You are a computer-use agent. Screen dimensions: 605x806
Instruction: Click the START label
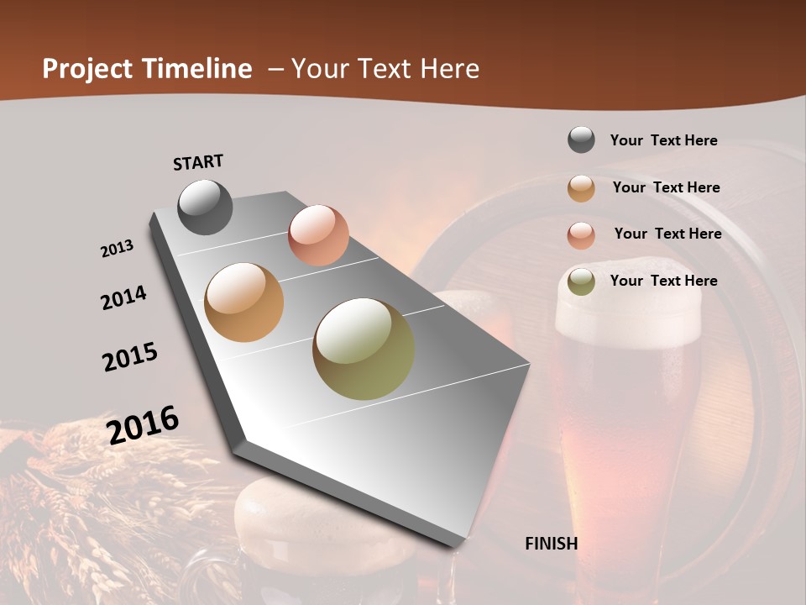coord(198,162)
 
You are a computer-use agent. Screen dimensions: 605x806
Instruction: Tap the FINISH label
coord(551,544)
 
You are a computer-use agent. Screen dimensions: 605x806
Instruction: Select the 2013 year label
coord(117,249)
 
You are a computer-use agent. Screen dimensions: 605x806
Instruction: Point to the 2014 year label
coord(123,297)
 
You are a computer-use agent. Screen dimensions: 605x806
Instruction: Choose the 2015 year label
coord(130,357)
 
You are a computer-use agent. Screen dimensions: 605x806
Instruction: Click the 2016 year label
coord(143,424)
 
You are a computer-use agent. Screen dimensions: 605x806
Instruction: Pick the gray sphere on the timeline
coord(205,207)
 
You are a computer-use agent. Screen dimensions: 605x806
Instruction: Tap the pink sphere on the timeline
coord(318,235)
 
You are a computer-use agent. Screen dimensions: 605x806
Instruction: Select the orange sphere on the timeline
coord(244,302)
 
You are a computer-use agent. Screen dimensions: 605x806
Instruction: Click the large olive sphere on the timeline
coord(364,349)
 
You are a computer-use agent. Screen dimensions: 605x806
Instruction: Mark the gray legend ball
coord(581,139)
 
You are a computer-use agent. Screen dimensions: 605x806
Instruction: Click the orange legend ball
coord(581,188)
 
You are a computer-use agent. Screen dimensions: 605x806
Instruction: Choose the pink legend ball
coord(581,235)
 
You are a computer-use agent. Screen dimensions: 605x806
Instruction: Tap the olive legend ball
coord(581,282)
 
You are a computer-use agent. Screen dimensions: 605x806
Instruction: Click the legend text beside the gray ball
coord(663,140)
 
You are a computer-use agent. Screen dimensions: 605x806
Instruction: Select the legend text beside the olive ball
coord(663,281)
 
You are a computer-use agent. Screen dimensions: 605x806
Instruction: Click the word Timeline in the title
coord(198,69)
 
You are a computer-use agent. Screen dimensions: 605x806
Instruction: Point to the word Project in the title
coord(87,69)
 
